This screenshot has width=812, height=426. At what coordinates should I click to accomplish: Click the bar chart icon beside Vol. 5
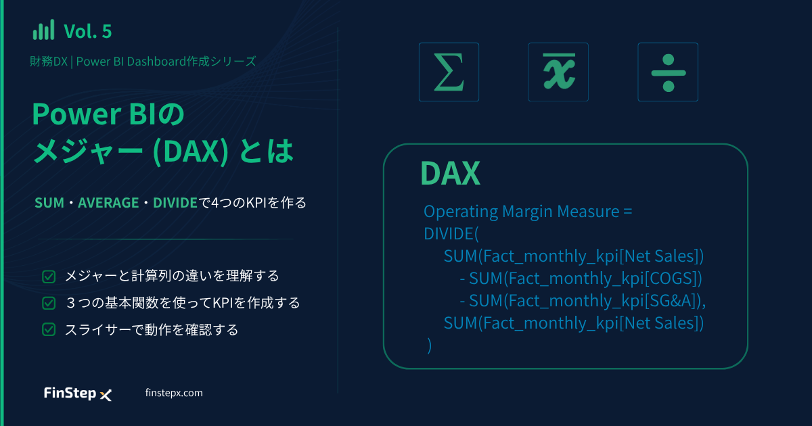[43, 30]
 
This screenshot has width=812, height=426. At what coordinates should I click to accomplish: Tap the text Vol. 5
[88, 31]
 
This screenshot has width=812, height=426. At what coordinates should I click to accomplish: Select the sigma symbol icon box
[449, 72]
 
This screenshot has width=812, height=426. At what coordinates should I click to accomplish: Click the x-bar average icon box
[558, 72]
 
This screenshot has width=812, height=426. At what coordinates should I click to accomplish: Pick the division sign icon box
[668, 72]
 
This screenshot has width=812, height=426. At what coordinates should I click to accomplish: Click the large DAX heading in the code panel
[450, 174]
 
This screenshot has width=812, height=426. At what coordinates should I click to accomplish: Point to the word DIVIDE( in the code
[451, 234]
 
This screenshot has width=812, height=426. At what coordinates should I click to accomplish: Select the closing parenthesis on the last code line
[430, 346]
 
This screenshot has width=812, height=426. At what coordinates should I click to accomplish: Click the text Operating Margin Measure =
[528, 212]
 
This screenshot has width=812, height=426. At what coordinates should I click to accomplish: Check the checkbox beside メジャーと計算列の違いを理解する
[49, 277]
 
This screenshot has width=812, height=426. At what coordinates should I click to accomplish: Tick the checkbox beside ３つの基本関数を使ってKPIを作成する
[49, 303]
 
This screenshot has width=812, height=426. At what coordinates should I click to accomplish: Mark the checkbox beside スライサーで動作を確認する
[49, 330]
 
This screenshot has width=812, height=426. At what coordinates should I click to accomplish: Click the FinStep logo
[78, 394]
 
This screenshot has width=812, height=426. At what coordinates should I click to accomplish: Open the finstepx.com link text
[174, 393]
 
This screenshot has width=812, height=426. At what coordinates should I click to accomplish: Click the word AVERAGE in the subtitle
[108, 203]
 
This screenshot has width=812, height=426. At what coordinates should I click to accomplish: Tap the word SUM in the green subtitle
[49, 203]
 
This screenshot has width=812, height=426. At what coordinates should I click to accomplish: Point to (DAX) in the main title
[191, 151]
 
